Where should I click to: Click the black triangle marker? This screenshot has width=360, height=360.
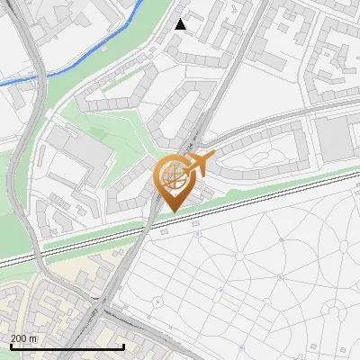181,24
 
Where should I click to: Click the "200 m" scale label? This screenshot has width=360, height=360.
24,338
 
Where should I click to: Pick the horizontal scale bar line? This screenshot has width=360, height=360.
67,347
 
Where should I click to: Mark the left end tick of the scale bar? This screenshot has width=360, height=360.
10,346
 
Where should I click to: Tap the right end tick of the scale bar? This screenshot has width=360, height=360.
123,346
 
